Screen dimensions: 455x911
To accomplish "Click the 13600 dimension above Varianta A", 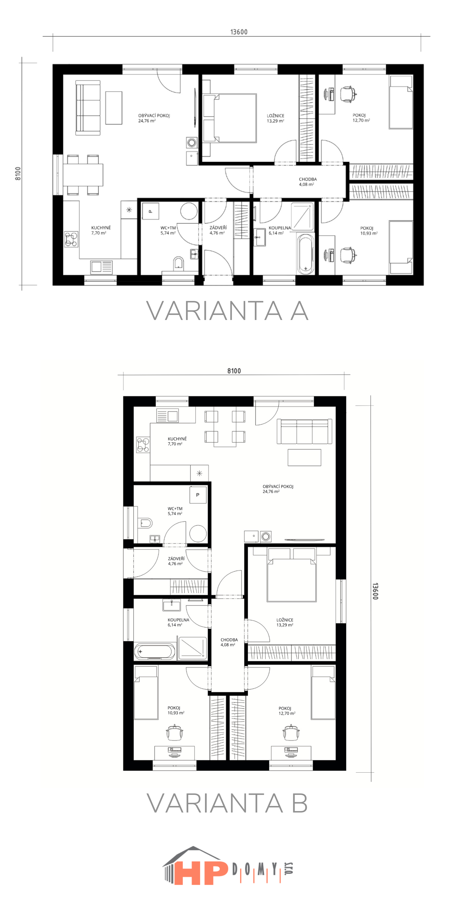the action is tap(239, 32).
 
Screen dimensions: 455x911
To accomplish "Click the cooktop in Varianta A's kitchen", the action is tap(71, 239).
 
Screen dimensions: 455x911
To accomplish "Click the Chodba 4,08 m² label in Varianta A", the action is tap(308, 182).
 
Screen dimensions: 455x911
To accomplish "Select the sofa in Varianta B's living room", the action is tap(305, 431).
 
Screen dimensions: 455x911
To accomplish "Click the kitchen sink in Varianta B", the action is tap(167, 416).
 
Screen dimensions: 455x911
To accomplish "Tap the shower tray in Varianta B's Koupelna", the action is tap(193, 648).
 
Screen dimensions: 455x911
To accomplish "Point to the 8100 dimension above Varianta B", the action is tap(234, 371).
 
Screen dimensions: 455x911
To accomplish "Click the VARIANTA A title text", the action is tap(227, 311).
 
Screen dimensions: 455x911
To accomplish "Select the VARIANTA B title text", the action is tap(227, 803).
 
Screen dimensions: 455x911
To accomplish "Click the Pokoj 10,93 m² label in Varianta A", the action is tap(369, 231).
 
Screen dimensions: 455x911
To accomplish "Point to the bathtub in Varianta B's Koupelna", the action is tap(155, 651).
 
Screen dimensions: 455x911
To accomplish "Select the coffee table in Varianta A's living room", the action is tap(114, 108).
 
